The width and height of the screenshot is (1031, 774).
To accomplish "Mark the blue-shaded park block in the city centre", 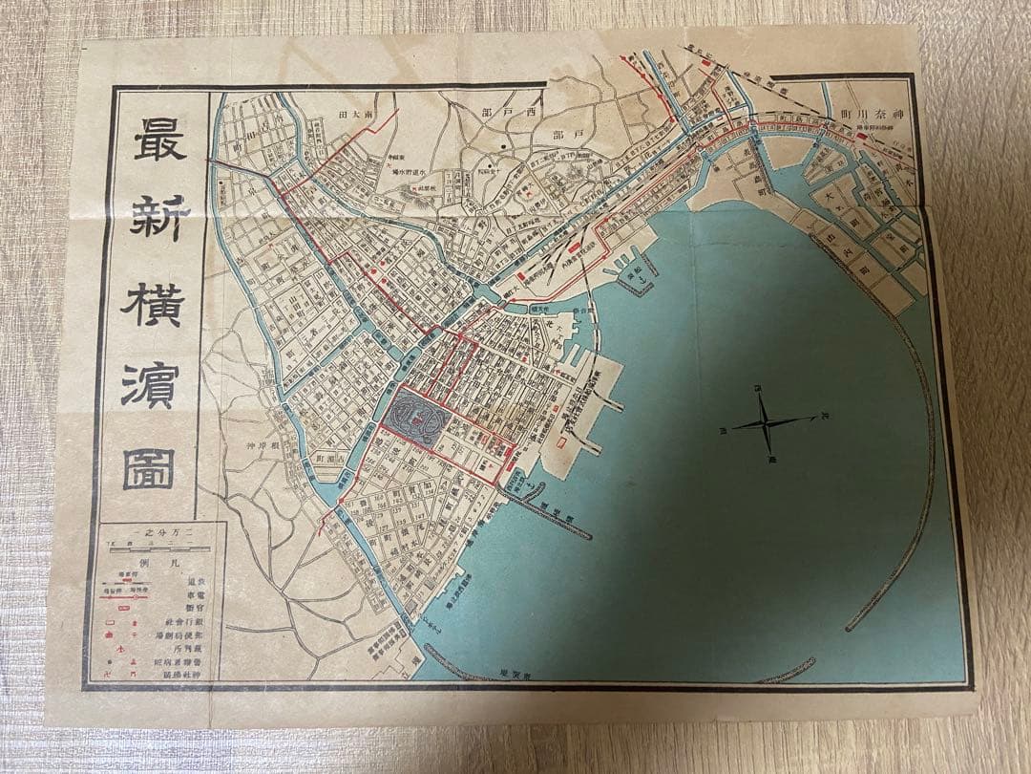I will click(x=413, y=418).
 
